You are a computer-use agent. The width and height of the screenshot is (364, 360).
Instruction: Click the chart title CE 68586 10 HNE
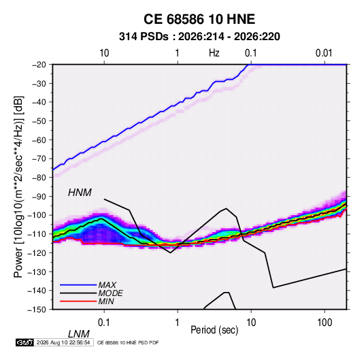199,19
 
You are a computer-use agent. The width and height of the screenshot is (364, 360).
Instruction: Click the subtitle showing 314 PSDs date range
199,37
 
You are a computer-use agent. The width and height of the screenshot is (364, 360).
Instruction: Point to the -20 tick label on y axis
39,65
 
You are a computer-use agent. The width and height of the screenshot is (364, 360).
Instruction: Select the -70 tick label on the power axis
39,159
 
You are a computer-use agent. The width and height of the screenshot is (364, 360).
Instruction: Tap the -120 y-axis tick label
37,253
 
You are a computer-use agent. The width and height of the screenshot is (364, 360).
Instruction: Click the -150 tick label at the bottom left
37,310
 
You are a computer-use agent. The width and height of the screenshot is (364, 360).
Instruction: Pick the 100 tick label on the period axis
325,323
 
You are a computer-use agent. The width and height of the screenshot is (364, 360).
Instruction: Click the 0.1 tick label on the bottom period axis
104,323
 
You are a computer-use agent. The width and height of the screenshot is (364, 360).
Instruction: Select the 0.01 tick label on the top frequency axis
324,53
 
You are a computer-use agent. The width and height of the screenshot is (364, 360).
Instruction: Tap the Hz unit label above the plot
214,53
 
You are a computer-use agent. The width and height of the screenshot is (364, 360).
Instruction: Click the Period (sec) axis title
214,330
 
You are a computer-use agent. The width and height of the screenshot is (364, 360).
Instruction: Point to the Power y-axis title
18,186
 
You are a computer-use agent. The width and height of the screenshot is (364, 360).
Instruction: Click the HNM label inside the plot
80,193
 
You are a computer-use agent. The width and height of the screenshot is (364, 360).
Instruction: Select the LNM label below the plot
78,334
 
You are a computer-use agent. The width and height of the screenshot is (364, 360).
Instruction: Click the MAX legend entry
107,284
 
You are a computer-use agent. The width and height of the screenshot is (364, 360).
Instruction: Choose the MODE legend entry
110,293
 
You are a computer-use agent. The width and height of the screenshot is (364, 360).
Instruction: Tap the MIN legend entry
106,301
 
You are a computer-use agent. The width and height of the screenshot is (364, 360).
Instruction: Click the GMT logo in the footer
24,342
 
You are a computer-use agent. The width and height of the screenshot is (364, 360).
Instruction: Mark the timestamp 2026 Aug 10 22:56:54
63,342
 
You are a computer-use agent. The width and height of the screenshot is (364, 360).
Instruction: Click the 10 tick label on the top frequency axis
104,53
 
